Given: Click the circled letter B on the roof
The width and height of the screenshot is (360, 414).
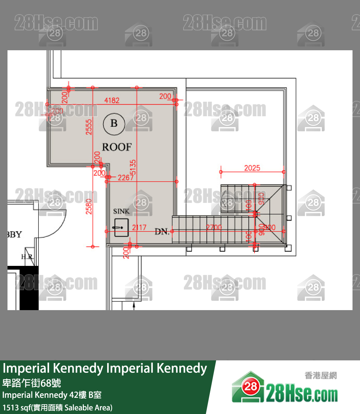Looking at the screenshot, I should (x=114, y=123).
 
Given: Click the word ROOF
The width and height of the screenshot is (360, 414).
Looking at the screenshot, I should (x=117, y=147).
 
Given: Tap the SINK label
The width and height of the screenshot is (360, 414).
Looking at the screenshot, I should (x=121, y=211).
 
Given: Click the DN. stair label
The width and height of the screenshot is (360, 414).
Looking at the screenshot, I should (x=162, y=232).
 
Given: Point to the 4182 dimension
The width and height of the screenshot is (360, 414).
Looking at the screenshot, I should (x=112, y=100).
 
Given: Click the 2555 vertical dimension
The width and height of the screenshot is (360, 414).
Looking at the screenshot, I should (x=88, y=127).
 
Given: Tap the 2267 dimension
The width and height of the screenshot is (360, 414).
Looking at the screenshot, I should (x=125, y=178).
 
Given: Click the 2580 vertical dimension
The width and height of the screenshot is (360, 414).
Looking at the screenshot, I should (x=89, y=206).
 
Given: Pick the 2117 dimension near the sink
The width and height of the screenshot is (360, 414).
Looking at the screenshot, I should (x=139, y=228).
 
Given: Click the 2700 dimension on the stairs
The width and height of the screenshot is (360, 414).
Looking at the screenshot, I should (x=214, y=228).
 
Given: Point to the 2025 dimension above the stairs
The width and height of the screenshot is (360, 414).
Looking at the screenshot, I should (x=252, y=168).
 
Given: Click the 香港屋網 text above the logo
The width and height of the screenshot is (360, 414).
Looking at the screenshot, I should (x=321, y=375).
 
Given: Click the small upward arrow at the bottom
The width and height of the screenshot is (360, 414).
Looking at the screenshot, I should (x=134, y=305).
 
